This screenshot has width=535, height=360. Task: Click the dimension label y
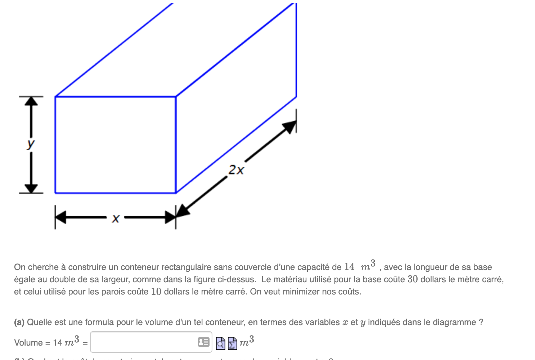coord(31,144)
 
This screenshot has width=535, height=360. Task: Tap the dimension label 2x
coord(236,170)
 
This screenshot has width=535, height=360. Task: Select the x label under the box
coord(115,218)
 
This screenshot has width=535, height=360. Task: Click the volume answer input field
coord(144,342)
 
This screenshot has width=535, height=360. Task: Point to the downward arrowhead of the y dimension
coord(31,188)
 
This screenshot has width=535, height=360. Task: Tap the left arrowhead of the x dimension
coord(60,217)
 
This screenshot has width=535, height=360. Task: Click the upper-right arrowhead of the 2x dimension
coord(290,127)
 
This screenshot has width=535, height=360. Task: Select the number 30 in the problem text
coord(413,279)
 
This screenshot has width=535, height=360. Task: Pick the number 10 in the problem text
coord(156,292)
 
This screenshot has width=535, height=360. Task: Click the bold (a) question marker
coord(19,322)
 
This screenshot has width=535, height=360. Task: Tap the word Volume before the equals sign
coord(28,343)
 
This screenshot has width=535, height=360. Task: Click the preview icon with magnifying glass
coord(221,343)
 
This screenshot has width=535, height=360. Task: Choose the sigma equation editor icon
coord(232,343)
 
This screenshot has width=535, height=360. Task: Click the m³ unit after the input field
coord(247,341)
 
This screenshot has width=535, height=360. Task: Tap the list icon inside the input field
coord(204,342)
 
